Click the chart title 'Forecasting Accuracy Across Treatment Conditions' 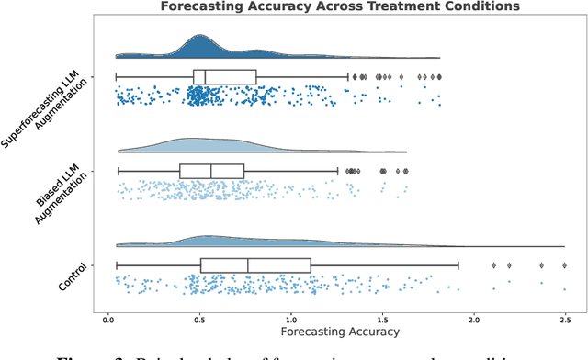338,6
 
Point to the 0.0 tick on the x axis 108,317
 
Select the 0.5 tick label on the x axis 199,317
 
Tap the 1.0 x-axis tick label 291,317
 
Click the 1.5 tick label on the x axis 382,317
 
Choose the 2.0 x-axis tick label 474,317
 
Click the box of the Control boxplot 255,265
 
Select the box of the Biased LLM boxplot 211,171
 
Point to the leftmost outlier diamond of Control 494,265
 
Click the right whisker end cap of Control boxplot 458,265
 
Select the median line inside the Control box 248,265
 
